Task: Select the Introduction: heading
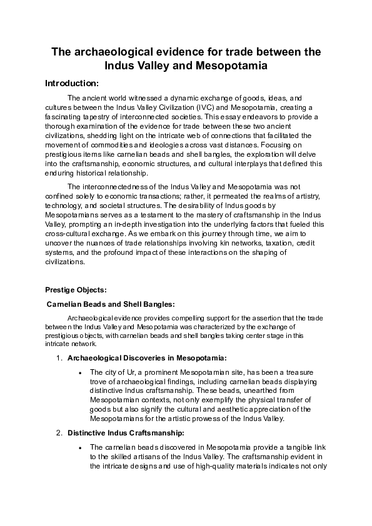(x=72, y=83)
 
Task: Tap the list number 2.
(x=58, y=433)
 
